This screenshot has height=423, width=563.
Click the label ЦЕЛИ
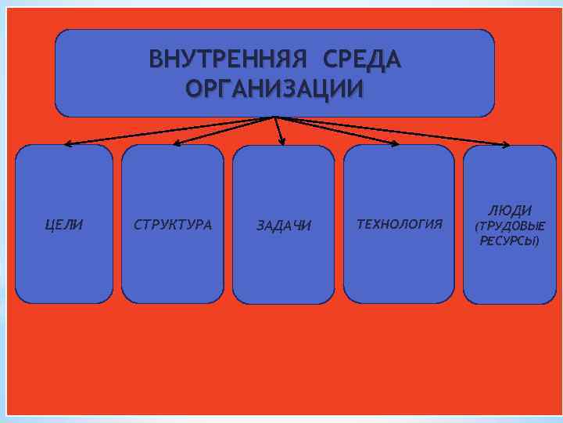click(x=65, y=225)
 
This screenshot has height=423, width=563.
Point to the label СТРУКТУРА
click(x=173, y=225)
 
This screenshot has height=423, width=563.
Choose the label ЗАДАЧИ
click(x=284, y=226)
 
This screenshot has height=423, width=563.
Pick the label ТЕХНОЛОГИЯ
click(x=399, y=225)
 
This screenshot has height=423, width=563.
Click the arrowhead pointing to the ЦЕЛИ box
click(x=68, y=144)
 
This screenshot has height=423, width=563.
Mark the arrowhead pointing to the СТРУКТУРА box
click(x=176, y=143)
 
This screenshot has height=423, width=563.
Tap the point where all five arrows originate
click(x=274, y=117)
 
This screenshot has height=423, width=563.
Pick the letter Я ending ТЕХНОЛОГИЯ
click(x=438, y=225)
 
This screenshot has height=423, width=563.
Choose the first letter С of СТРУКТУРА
click(x=138, y=225)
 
